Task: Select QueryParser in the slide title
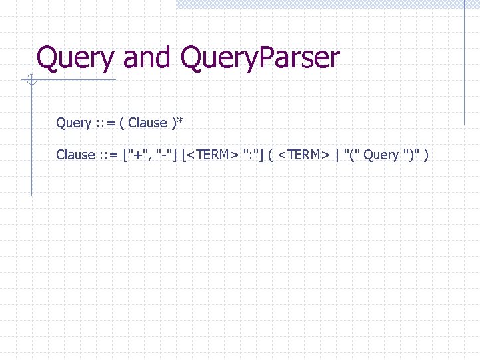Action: click(259, 59)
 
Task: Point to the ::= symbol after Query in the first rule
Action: click(105, 123)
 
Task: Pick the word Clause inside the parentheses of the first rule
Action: click(147, 123)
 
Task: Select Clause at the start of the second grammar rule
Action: click(75, 155)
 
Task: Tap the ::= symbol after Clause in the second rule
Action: click(109, 155)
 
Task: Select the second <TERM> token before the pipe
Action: click(304, 155)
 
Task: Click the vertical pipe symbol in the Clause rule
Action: click(337, 155)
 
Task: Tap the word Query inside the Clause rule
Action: click(381, 155)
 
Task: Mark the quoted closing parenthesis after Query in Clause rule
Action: click(410, 155)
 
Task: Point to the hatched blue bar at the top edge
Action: click(320, 3)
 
